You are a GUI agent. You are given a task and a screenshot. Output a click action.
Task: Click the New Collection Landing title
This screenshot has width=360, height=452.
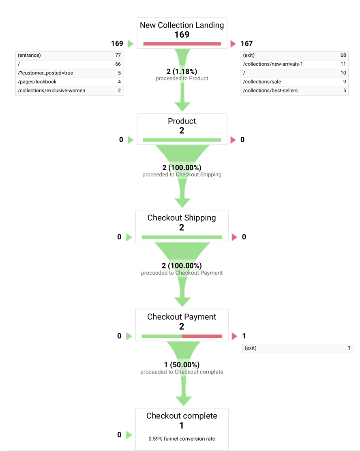pos(182,26)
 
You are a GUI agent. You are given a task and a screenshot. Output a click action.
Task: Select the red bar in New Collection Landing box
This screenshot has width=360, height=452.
pos(182,44)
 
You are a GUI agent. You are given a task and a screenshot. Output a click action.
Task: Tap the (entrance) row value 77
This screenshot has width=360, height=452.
pos(118,55)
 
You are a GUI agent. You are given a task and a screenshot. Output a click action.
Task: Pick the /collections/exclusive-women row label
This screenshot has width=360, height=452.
pos(51,90)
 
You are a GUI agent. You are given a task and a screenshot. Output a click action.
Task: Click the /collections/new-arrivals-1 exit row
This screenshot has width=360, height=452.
pos(294,64)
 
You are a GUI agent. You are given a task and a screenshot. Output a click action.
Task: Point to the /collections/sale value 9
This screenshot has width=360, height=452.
pos(345,82)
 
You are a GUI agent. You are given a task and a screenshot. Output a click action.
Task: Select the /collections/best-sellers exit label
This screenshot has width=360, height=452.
pos(270,90)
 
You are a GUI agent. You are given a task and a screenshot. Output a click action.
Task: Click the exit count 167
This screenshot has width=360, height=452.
pos(246,43)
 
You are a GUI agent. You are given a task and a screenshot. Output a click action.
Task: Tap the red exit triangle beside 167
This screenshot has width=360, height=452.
pos(233,44)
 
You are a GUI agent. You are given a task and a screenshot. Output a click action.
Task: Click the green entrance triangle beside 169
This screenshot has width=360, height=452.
pos(131,44)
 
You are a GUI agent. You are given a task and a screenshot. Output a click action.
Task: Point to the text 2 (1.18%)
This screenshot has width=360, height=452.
pos(182,71)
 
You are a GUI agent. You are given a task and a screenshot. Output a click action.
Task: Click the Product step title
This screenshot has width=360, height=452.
pos(182,121)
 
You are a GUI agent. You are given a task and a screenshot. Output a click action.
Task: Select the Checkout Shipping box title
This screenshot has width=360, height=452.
pos(182,217)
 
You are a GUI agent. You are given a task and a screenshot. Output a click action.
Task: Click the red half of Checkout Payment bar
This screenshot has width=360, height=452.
pos(202,336)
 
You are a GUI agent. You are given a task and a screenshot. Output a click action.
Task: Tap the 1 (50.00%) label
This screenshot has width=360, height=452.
pos(182,365)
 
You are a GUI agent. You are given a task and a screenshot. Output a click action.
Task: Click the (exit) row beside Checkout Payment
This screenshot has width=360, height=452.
pos(298,348)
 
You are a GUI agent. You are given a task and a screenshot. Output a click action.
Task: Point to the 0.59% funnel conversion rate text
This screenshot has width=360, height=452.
pos(182,439)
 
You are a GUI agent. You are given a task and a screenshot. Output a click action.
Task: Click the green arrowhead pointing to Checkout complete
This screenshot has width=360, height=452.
pos(184,401)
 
